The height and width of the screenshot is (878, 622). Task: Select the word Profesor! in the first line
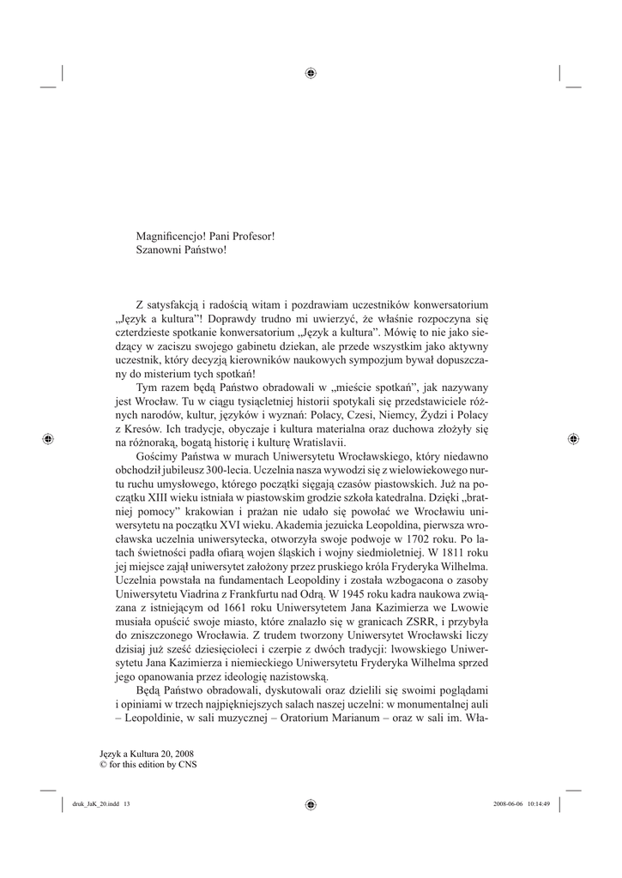pos(253,235)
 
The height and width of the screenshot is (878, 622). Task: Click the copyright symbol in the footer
pos(104,764)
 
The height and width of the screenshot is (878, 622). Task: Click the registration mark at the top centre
pos(311,72)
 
